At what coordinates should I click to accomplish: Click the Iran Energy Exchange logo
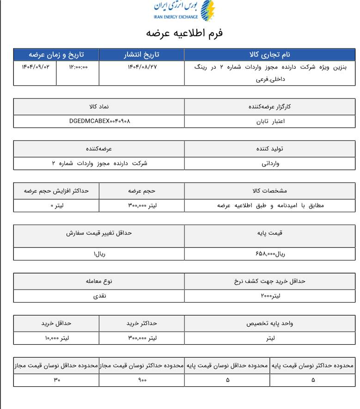click(x=184, y=11)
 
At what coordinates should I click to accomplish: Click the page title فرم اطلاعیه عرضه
click(x=184, y=34)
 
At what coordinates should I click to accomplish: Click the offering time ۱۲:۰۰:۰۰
click(x=78, y=67)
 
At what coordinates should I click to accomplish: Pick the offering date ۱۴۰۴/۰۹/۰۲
click(x=36, y=67)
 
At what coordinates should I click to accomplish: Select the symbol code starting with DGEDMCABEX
click(x=99, y=121)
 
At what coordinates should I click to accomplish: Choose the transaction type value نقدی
click(x=99, y=296)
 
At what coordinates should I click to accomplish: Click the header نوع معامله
click(x=99, y=281)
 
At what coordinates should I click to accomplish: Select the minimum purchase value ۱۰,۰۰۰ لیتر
click(x=57, y=338)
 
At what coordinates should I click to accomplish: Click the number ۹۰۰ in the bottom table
click(x=142, y=380)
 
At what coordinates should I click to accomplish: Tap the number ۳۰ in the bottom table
click(x=57, y=380)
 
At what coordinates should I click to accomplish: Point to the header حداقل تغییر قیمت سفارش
click(x=99, y=233)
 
